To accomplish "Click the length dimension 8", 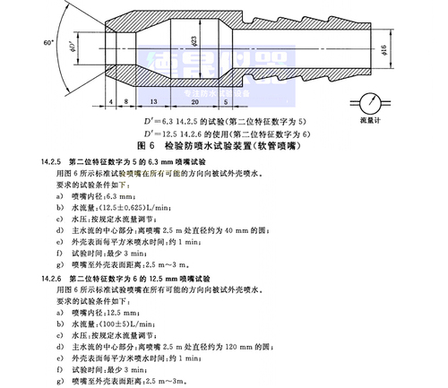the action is [127, 102].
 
